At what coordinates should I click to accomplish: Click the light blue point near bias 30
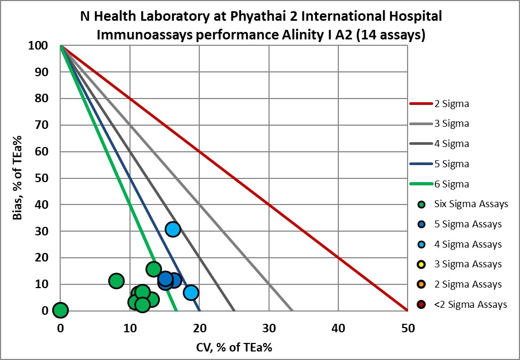(173, 229)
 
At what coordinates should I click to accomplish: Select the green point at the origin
(61, 310)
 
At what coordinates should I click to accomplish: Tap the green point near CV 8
(116, 281)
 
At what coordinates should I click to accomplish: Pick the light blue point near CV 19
(191, 292)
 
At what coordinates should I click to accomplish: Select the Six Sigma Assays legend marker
(421, 204)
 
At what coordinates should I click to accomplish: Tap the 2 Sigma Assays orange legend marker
(421, 284)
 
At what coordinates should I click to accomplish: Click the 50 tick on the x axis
(408, 329)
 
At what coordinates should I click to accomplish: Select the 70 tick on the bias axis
(46, 125)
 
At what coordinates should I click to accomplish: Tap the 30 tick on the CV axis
(269, 329)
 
